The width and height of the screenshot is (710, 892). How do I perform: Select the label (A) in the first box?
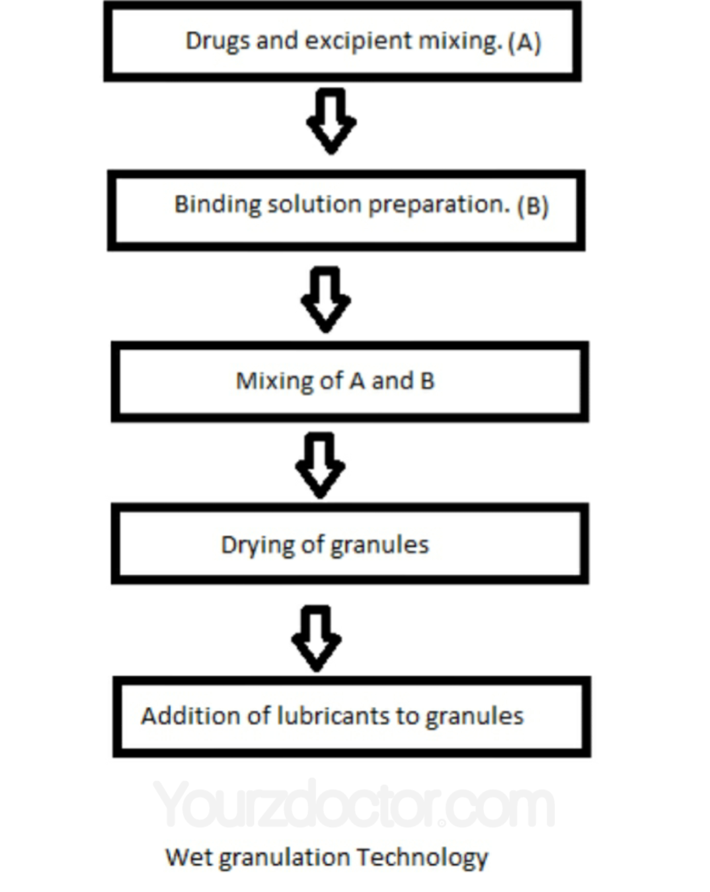point(525,43)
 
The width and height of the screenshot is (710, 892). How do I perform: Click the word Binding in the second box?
point(217,204)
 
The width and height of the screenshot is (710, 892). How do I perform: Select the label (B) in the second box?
point(533,206)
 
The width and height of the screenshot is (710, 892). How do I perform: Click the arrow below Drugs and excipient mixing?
point(331,121)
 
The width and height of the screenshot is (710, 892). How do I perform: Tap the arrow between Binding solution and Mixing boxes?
point(326,299)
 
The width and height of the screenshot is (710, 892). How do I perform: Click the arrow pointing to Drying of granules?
point(320,465)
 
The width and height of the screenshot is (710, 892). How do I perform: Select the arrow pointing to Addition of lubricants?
point(316,638)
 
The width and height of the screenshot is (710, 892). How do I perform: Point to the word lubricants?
point(333,716)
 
